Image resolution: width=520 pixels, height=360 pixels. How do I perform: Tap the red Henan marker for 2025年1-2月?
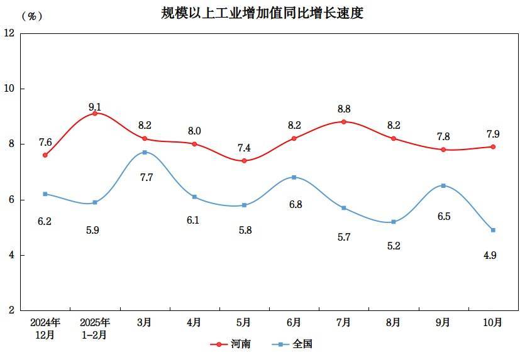[x=95, y=113]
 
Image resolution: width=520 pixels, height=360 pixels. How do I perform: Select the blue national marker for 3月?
[x=145, y=152]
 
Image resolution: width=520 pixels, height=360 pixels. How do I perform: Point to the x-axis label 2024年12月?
[x=45, y=328]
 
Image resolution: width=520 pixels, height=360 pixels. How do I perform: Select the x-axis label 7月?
[x=343, y=322]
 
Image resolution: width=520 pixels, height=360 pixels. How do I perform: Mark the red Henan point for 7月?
[x=343, y=121]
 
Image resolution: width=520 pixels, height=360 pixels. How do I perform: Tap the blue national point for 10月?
[x=494, y=230]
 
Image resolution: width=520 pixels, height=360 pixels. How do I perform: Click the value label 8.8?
[x=343, y=108]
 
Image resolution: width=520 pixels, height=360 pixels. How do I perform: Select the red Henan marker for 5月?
[x=244, y=160]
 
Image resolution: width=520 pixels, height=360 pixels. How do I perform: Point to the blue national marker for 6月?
[x=294, y=177]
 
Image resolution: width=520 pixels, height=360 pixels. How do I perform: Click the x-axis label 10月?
[x=494, y=322]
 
